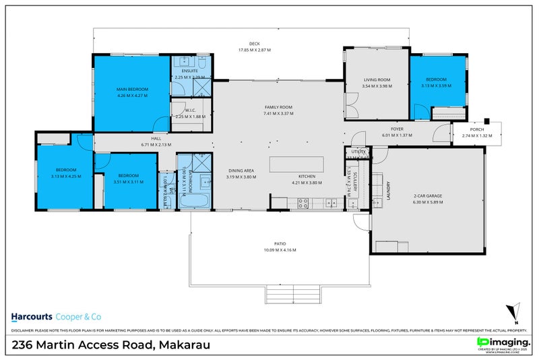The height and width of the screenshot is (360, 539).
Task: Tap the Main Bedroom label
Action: (x=131, y=89)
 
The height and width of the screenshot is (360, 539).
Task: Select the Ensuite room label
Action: (x=189, y=70)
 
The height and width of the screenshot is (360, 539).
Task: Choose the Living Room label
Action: (x=376, y=80)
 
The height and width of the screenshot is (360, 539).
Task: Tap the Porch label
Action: (x=477, y=129)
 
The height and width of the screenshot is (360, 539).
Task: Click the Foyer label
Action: (x=397, y=128)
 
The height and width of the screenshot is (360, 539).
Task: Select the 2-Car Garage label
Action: (x=428, y=196)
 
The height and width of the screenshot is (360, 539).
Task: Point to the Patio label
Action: (x=280, y=243)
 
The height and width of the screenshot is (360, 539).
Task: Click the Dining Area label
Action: (x=240, y=171)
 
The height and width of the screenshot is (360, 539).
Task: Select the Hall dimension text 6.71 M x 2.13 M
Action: (x=156, y=144)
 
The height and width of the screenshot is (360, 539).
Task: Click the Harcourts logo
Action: (x=33, y=316)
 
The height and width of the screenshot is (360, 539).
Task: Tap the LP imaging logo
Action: (x=502, y=343)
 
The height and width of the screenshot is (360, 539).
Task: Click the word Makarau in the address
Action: (x=184, y=344)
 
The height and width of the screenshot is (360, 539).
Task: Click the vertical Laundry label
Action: (x=389, y=192)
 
